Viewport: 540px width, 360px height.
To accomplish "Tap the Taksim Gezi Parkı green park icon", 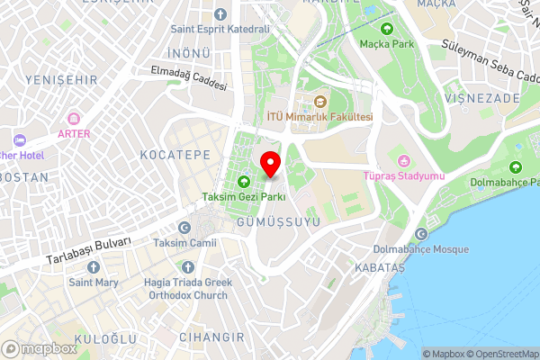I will pyautogui.click(x=243, y=182).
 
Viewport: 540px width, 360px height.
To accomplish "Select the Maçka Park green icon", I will pyautogui.click(x=389, y=28).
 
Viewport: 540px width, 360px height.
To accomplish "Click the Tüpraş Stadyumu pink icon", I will pyautogui.click(x=404, y=161).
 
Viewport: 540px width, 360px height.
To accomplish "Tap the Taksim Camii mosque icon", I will pyautogui.click(x=184, y=228).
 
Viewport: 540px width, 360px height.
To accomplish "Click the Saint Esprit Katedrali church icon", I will pyautogui.click(x=220, y=14).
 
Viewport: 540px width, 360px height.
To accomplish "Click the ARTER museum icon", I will pyautogui.click(x=75, y=119).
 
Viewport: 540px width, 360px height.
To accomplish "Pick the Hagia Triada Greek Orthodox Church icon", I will pyautogui.click(x=188, y=267).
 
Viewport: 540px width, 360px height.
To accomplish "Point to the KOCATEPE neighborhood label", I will pyautogui.click(x=175, y=155).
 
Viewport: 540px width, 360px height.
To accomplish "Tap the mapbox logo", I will pyautogui.click(x=40, y=348).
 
